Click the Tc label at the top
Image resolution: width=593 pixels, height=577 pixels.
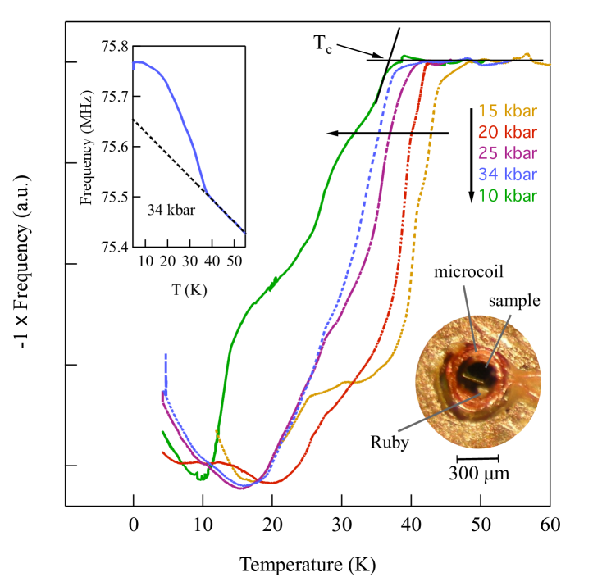coord(323,45)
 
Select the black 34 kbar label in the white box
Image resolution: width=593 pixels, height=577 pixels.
coord(171,211)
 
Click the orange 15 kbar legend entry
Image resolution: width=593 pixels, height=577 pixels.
coord(507,111)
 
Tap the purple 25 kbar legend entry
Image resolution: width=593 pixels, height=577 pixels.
coord(507,153)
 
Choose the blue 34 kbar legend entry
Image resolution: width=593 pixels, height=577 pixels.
coord(507,175)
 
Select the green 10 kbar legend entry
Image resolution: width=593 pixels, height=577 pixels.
coord(507,196)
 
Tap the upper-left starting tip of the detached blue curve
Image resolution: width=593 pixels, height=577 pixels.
coord(134,64)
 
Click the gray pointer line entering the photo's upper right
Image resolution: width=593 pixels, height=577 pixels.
coord(499,336)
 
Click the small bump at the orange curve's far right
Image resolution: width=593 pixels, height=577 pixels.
coord(527,56)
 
